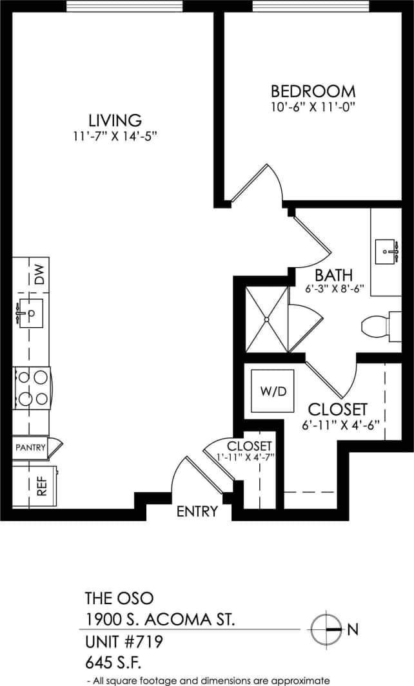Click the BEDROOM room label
pos(313,91)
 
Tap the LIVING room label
pos(115,120)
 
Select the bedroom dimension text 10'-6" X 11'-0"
pos(313,107)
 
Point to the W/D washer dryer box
pos(272,390)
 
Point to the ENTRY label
pos(197,511)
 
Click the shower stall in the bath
pos(266,319)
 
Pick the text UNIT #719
pos(124,642)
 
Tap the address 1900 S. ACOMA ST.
pos(160,620)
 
